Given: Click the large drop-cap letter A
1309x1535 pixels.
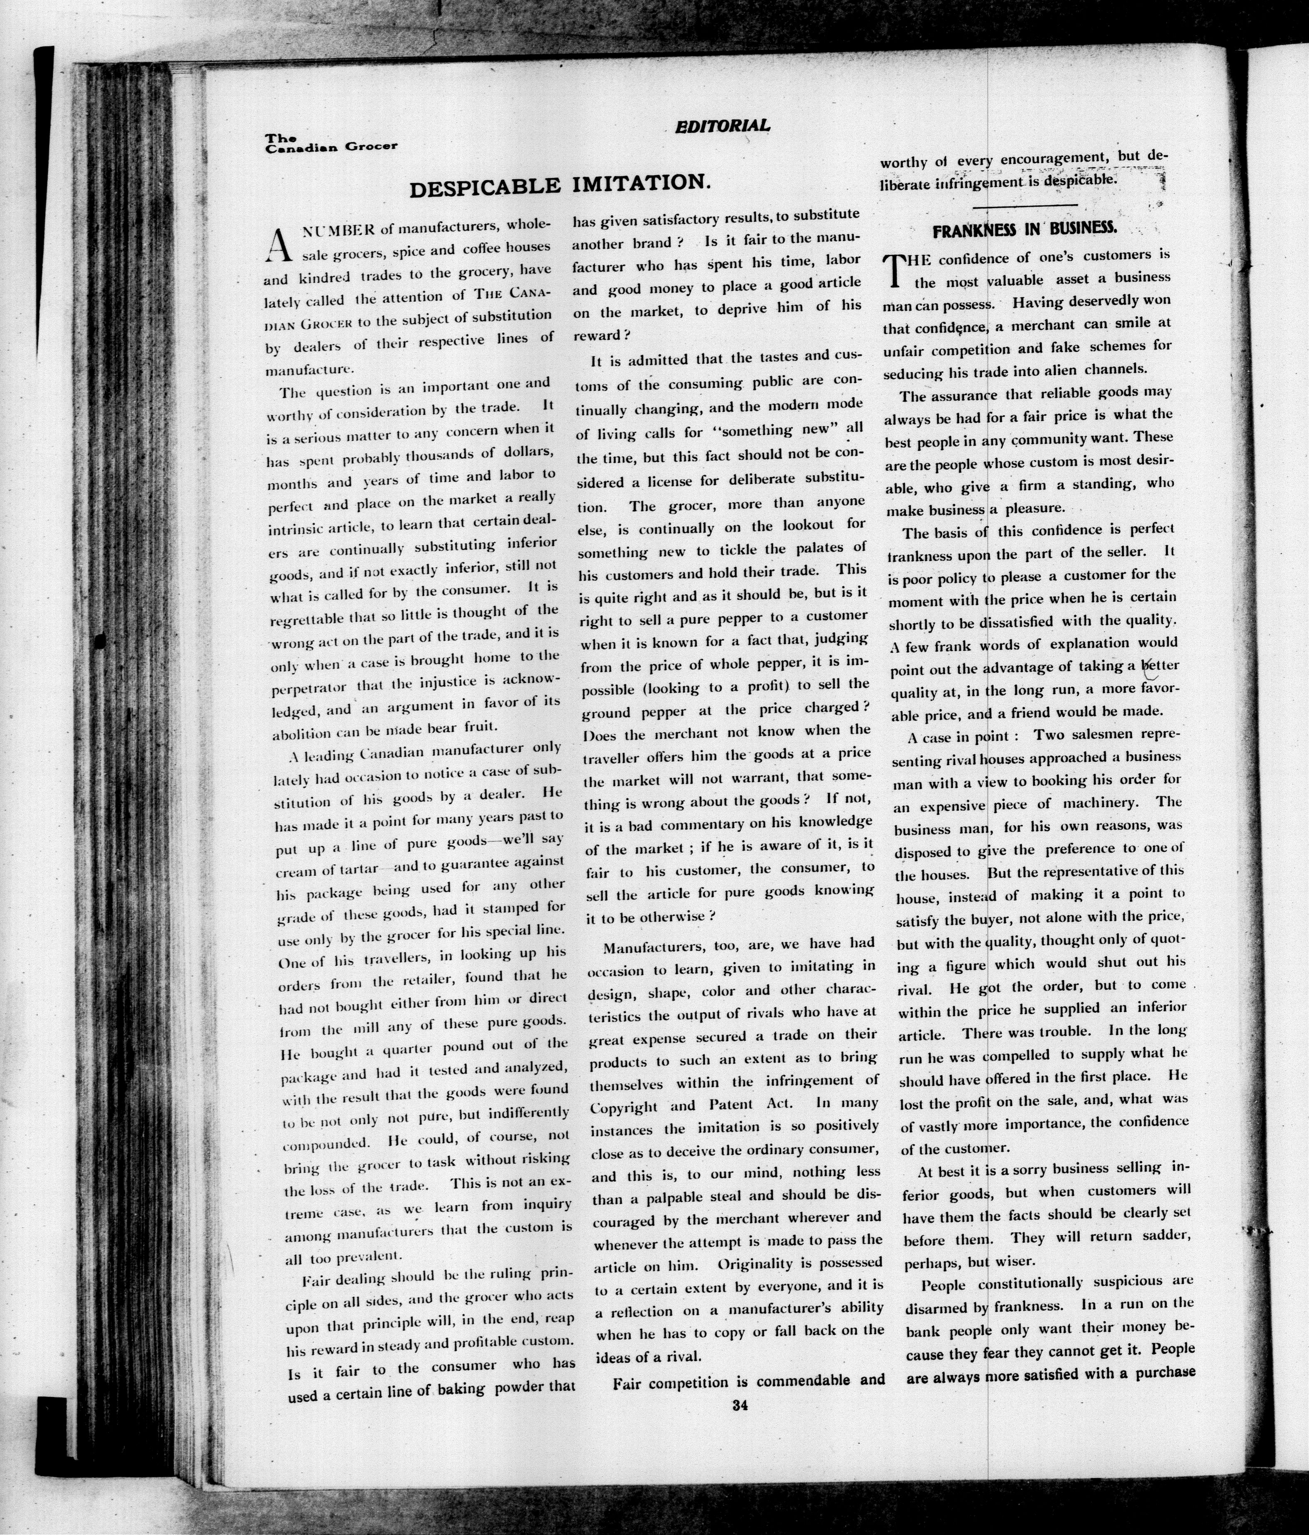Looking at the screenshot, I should (276, 245).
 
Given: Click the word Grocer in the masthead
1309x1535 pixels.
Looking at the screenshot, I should (370, 146).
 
